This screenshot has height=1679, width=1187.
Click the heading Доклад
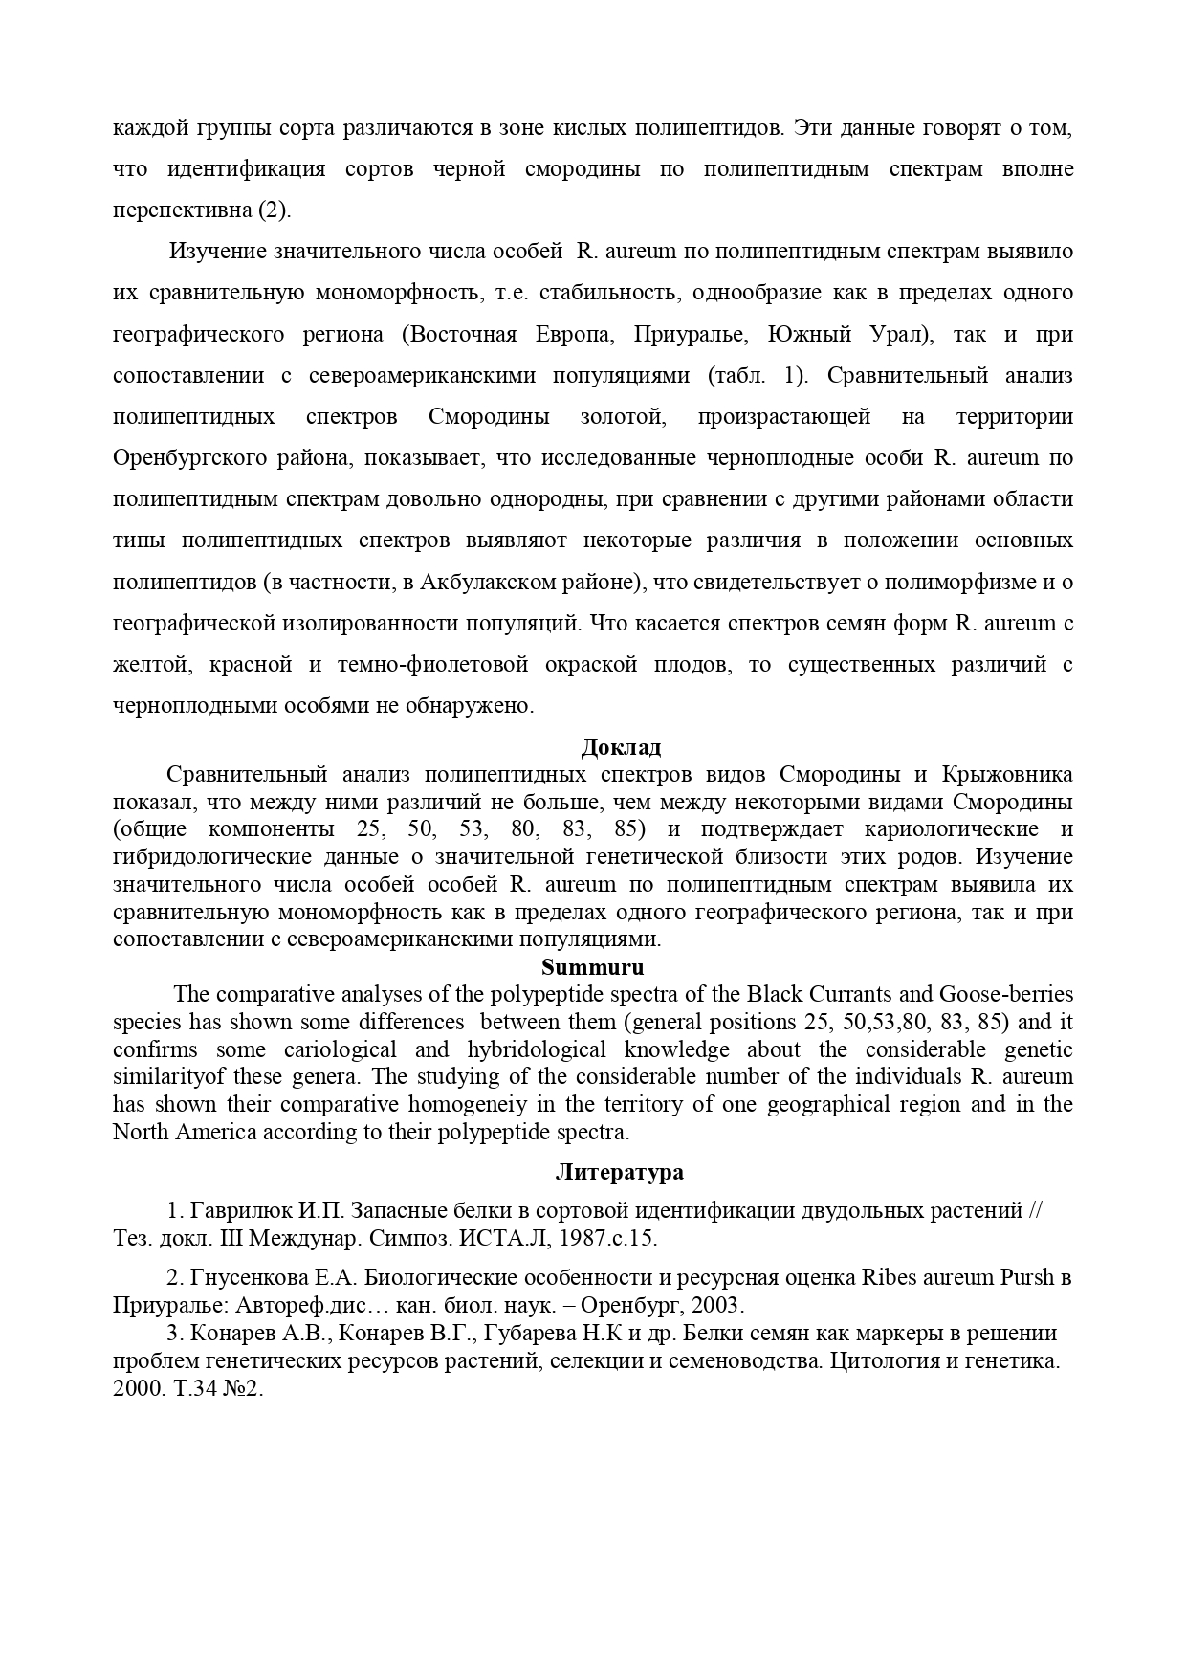coord(621,747)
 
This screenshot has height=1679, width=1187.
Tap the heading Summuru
coord(593,966)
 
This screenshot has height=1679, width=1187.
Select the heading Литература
coord(619,1172)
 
